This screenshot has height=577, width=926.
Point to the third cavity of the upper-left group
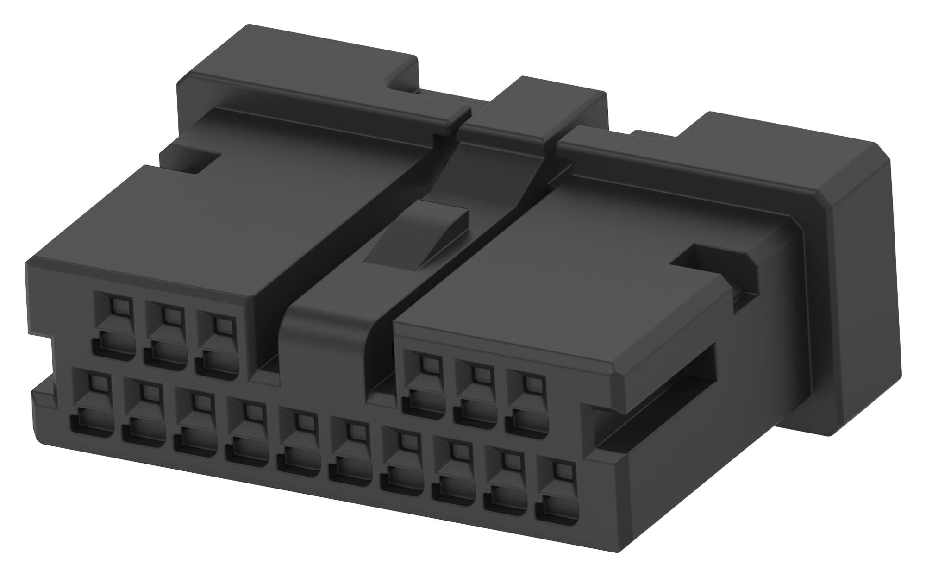[x=216, y=345]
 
